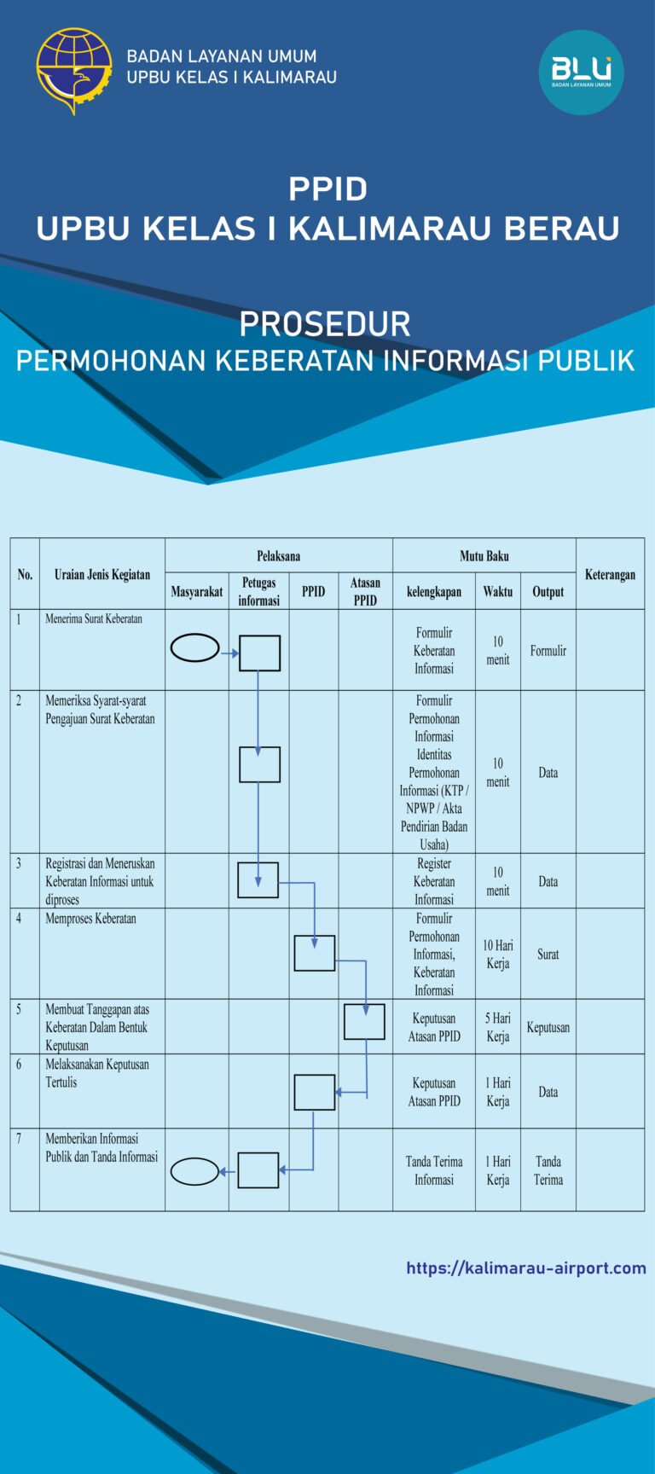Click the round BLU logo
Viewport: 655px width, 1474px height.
click(x=581, y=72)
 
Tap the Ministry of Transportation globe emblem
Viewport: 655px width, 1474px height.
click(x=74, y=70)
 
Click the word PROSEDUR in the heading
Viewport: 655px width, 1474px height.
click(x=325, y=324)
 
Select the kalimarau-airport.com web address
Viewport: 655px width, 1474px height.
click(x=525, y=1268)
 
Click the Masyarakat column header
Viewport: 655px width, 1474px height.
click(x=196, y=591)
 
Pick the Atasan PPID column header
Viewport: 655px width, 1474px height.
click(x=365, y=591)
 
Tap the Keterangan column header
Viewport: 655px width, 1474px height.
click(x=610, y=574)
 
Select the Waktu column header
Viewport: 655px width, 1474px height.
click(x=497, y=591)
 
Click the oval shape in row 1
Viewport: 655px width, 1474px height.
click(x=195, y=648)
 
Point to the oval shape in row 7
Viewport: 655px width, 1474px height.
click(x=195, y=1171)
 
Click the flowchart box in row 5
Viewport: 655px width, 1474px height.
click(x=364, y=1021)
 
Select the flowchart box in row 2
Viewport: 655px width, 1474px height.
click(x=259, y=764)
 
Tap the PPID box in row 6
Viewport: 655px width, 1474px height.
click(x=314, y=1092)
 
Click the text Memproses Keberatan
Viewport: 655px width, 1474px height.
click(x=90, y=919)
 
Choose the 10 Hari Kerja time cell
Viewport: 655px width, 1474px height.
click(x=498, y=954)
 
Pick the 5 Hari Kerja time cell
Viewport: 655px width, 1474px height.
click(x=498, y=1027)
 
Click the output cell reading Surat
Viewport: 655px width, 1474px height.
click(x=548, y=954)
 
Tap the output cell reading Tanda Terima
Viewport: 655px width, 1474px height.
click(x=548, y=1170)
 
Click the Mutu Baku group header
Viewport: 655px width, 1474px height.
click(x=484, y=556)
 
